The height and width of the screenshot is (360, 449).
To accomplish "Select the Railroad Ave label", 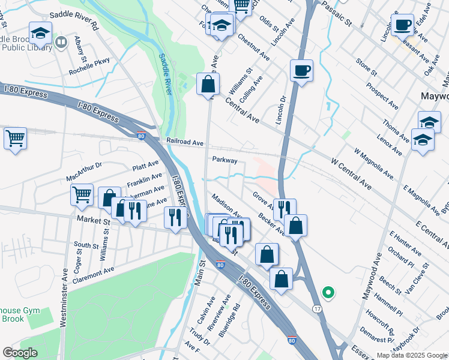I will pos(185,143).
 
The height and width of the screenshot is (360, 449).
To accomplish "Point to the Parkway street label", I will pos(224,161).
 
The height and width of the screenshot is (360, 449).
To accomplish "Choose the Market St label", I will pos(94,221).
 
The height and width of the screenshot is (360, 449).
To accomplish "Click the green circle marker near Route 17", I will pos(328,293).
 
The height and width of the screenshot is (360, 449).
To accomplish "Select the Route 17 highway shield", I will pos(316,308).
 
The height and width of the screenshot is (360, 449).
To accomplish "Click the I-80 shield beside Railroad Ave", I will pos(141,136).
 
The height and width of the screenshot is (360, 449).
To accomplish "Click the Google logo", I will pos(20,353).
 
